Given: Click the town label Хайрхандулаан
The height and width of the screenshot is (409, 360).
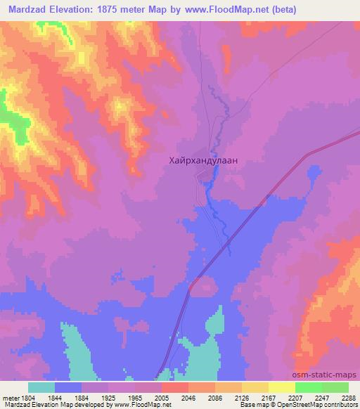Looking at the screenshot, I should tap(204, 160).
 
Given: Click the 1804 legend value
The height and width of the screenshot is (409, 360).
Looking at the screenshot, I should tap(27, 398).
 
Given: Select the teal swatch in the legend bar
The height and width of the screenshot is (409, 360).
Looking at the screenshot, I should tap(41, 387).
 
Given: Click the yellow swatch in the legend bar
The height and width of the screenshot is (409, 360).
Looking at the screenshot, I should tap(255, 387).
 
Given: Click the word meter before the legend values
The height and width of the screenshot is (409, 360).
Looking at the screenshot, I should tap(9, 398).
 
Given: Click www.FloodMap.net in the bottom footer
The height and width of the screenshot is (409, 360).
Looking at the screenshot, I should tap(146, 405).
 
